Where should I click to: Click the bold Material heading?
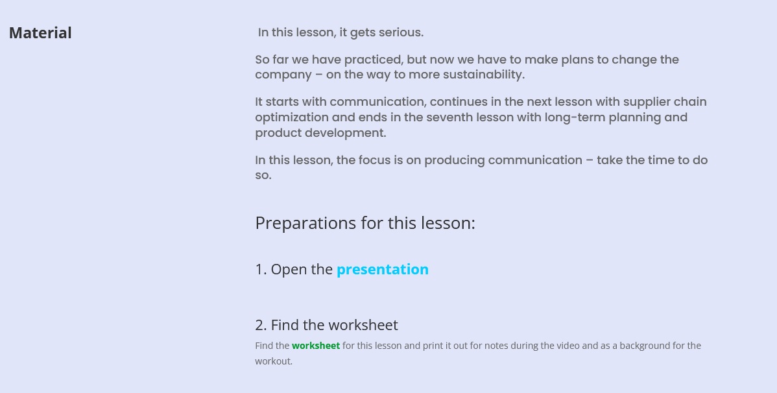tap(40, 32)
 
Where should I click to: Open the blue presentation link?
tap(383, 270)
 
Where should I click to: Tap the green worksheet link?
tap(316, 346)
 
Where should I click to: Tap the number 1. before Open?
tap(261, 269)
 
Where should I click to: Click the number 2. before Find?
tap(261, 325)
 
